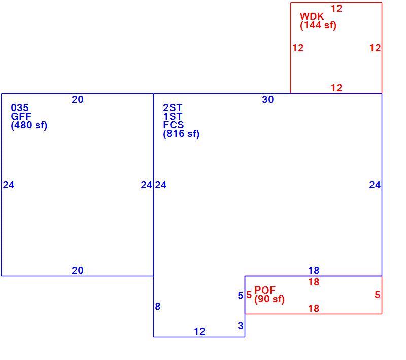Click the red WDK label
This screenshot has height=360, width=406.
(312, 17)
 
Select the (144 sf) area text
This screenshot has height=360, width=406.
(318, 25)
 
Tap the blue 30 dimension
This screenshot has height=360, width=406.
(268, 99)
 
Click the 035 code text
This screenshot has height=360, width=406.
(20, 107)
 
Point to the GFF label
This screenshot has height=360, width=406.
(21, 116)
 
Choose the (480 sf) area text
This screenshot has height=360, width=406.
(29, 125)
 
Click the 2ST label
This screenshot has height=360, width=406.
(173, 107)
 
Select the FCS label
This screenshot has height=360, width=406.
(174, 125)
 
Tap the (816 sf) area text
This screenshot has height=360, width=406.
(181, 134)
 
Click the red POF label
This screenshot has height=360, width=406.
(265, 290)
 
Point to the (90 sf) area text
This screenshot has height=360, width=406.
(269, 299)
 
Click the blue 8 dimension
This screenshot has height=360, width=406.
(158, 306)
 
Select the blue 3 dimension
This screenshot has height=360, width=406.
(241, 326)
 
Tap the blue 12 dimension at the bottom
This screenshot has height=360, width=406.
(199, 331)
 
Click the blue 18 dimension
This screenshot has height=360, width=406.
(314, 271)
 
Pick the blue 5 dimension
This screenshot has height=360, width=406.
(241, 295)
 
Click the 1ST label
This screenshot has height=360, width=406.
(173, 117)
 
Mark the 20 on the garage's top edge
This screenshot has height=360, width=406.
(78, 99)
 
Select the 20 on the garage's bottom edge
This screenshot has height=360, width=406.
(78, 271)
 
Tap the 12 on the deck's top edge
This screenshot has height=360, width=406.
(336, 9)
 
